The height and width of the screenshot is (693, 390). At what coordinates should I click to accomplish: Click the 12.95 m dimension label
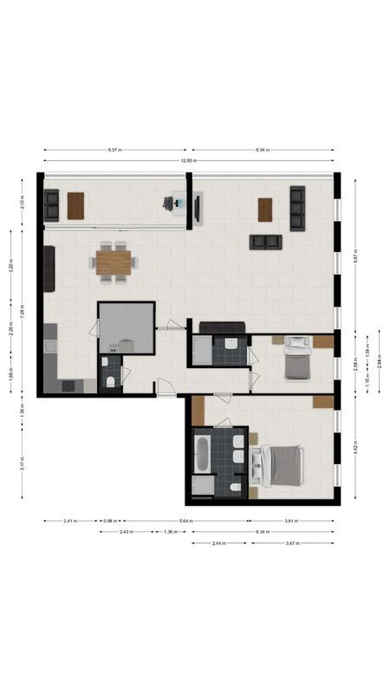point(189,161)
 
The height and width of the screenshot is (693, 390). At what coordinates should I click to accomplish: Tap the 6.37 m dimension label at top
point(114,150)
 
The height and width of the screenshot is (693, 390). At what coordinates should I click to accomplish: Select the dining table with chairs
point(114,261)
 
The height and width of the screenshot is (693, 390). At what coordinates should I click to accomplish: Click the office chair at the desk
point(168,204)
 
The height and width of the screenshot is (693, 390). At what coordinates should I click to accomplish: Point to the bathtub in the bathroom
point(201,454)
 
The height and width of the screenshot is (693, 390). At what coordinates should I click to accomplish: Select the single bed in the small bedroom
point(296,359)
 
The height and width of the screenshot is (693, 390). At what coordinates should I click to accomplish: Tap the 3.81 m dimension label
point(291,521)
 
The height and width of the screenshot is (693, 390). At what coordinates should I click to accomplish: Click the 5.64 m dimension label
point(185,521)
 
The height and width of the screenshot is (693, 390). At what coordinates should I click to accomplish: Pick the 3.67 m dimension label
point(291,543)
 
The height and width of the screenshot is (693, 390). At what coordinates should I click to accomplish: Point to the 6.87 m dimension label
point(355,256)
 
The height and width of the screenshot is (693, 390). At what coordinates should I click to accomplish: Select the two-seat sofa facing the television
point(264,242)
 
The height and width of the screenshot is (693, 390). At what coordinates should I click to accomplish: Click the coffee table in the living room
point(264,209)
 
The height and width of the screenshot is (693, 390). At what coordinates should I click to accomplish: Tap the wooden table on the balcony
point(76,205)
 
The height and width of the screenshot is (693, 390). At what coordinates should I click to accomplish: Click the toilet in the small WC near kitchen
point(110,381)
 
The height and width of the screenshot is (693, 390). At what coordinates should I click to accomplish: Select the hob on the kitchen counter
point(67,386)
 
